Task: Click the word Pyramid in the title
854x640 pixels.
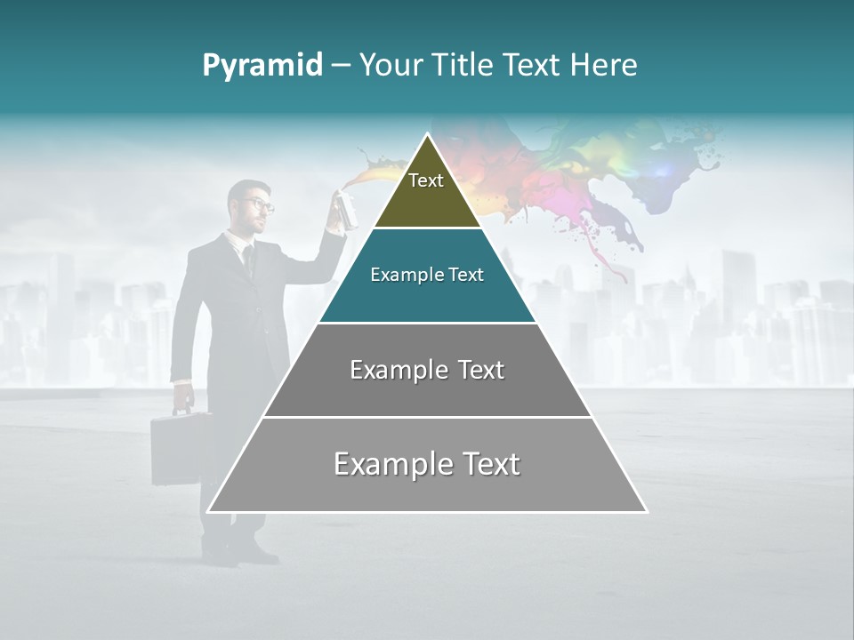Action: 262,66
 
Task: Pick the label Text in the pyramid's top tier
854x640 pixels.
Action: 426,180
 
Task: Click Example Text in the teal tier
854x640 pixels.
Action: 427,275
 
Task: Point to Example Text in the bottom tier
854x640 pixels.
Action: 427,464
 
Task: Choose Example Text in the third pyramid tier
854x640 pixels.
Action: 427,370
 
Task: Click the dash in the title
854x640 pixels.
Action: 340,66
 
